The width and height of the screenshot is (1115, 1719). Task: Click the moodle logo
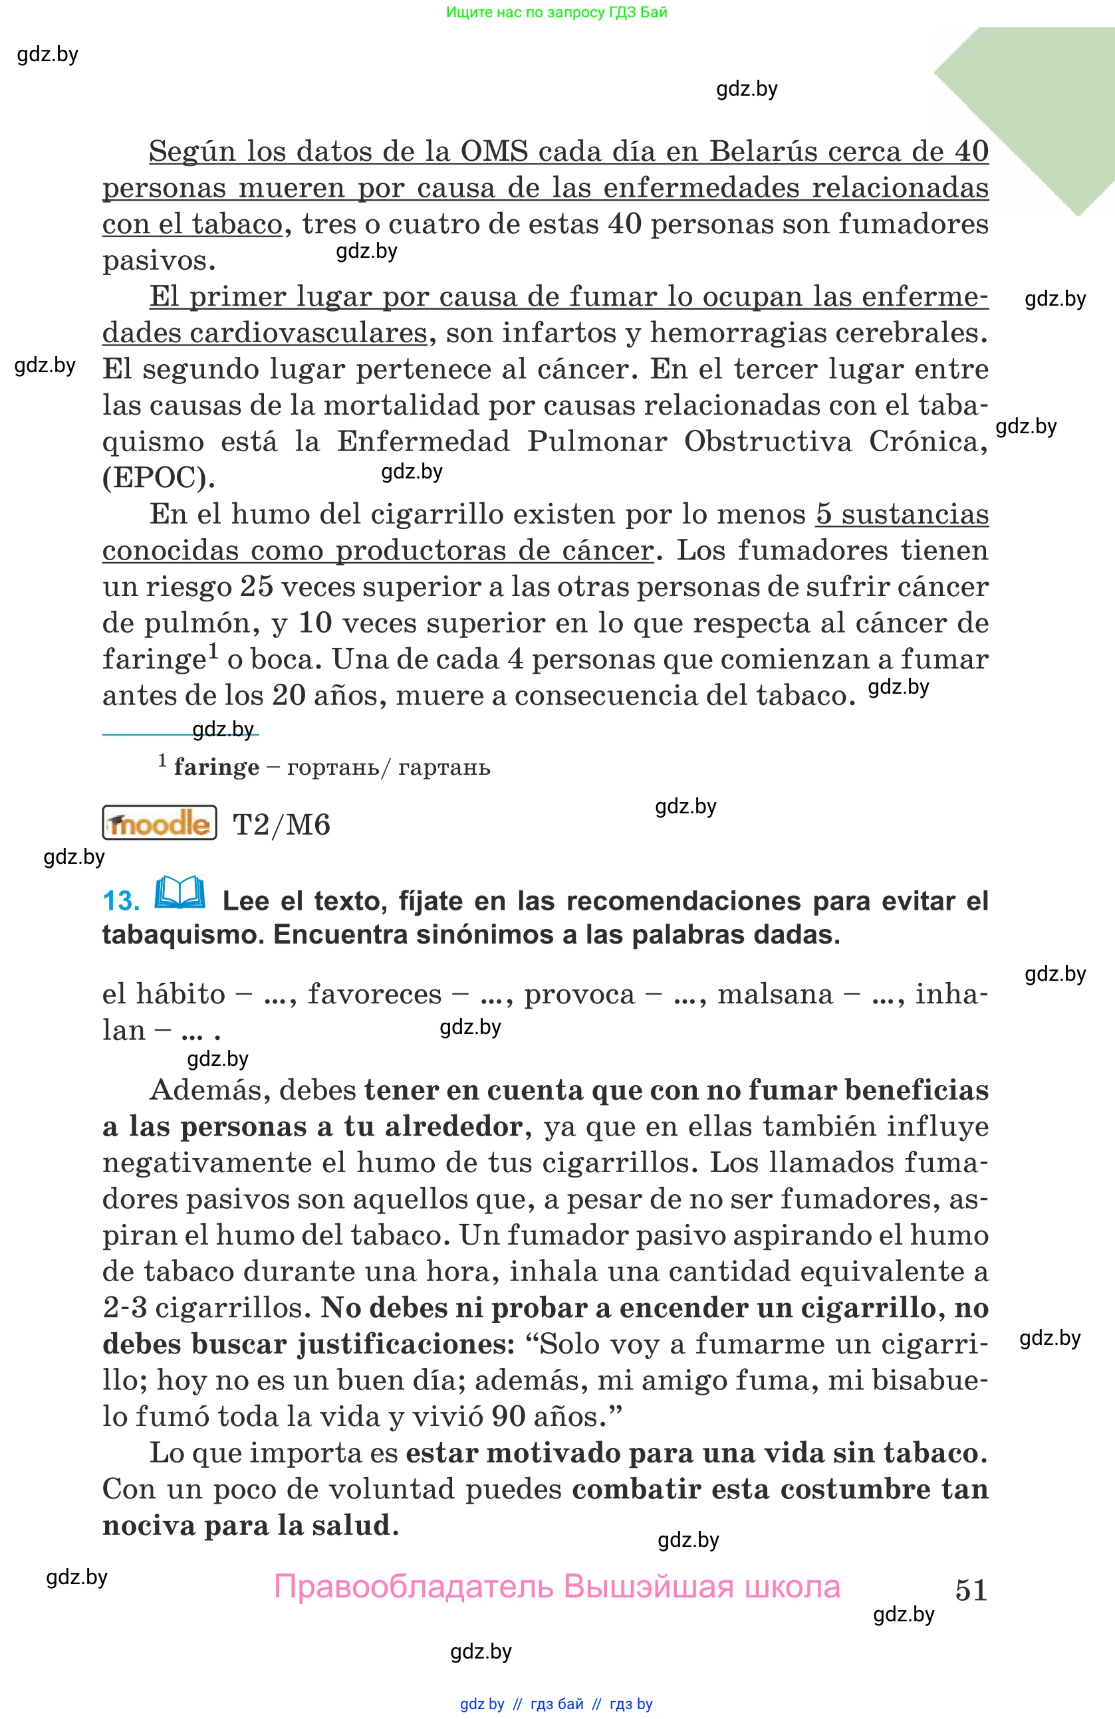tap(160, 823)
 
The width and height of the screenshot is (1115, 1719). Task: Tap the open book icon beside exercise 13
tap(180, 894)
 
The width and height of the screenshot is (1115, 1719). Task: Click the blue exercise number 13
tap(121, 902)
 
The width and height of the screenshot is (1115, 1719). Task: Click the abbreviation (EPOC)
tap(159, 478)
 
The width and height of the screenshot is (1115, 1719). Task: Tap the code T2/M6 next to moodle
tap(281, 825)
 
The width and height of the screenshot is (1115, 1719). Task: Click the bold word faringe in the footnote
tap(216, 767)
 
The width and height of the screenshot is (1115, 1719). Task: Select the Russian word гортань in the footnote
tap(332, 767)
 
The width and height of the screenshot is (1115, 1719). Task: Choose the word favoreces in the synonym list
tap(374, 995)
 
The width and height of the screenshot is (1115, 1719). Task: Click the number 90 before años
tap(508, 1417)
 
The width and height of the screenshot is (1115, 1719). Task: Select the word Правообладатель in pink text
tap(414, 1587)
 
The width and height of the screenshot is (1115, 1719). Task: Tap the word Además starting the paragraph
tap(209, 1090)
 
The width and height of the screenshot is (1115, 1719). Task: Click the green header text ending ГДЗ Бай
tap(557, 12)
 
